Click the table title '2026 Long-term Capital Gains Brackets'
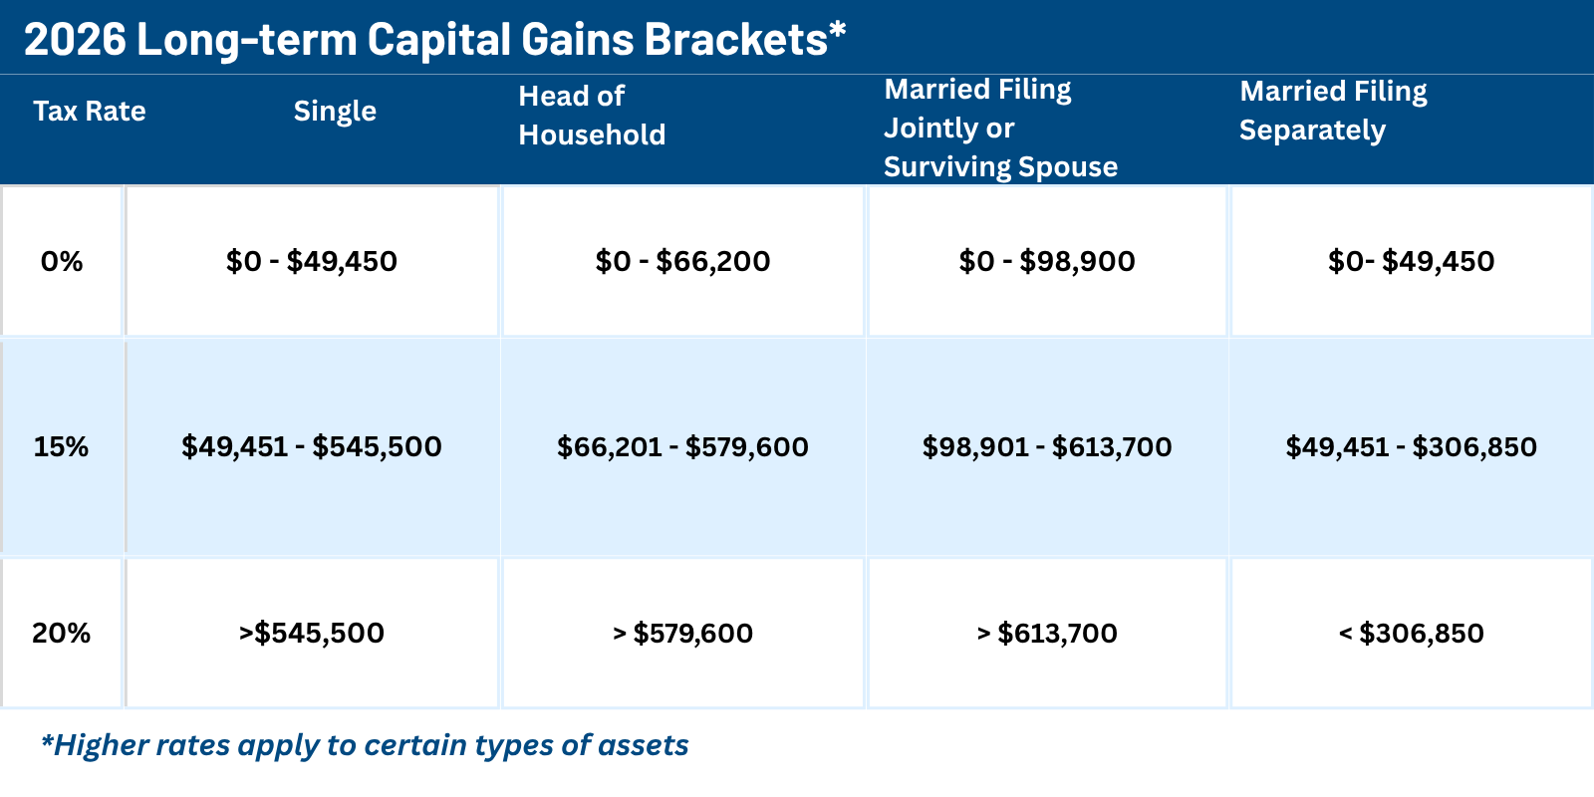click(x=434, y=40)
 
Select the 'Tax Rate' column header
click(x=90, y=111)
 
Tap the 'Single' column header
click(x=335, y=111)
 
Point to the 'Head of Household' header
click(x=592, y=116)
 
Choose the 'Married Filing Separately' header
click(x=1333, y=111)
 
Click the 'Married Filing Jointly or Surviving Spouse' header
click(x=1000, y=129)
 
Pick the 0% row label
click(x=62, y=261)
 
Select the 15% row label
click(x=62, y=446)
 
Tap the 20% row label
click(x=62, y=633)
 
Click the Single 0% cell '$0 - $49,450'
click(x=312, y=261)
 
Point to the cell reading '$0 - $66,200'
click(x=682, y=261)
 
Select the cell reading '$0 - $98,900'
click(x=1047, y=261)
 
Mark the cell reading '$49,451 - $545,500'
click(x=312, y=446)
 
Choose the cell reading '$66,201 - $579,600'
click(x=682, y=446)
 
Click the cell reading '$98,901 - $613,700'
click(x=1047, y=446)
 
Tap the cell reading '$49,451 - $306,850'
click(x=1411, y=446)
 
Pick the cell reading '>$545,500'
click(x=312, y=633)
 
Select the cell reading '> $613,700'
click(x=1047, y=633)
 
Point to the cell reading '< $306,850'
click(x=1411, y=633)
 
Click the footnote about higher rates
click(x=365, y=745)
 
